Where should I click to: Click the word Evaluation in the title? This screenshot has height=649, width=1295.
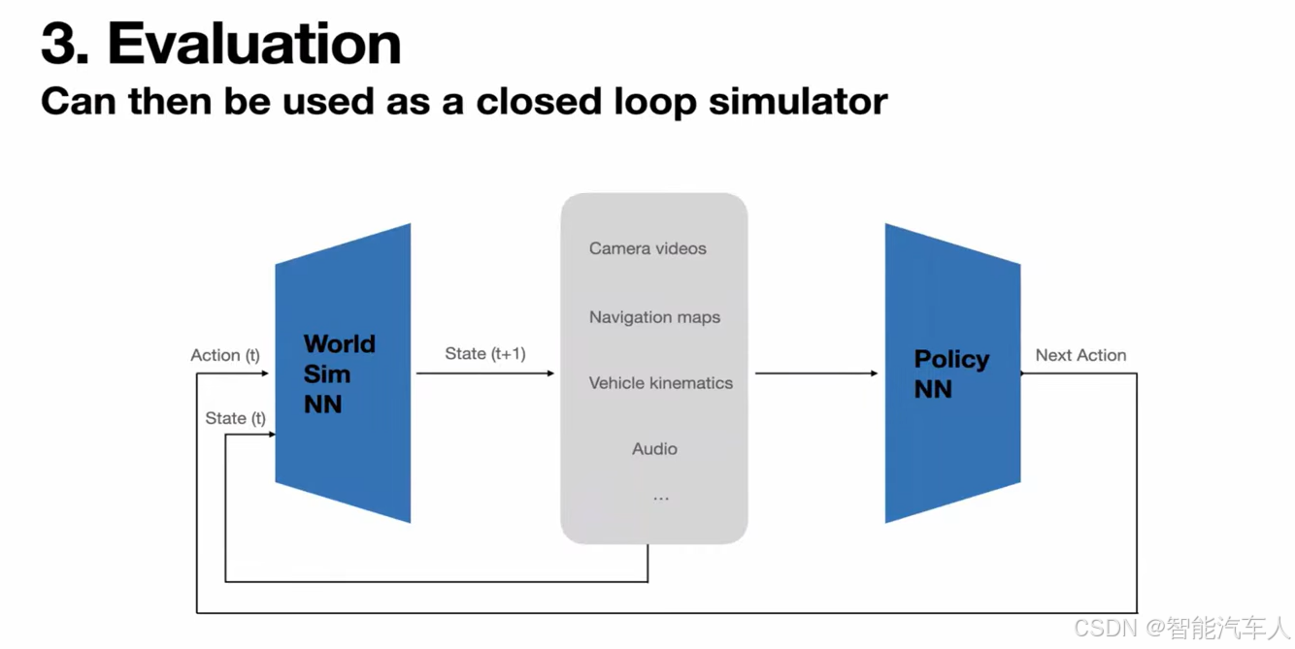254,44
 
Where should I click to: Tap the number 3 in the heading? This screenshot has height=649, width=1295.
62,44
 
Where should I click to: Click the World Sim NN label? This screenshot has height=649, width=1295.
339,373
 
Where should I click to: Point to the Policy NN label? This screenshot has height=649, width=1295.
950,373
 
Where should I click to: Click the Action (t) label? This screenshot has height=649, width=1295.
225,355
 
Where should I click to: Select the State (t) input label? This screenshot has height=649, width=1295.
235,418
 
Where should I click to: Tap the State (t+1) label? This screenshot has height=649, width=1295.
485,354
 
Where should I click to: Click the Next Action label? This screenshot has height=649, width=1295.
1080,355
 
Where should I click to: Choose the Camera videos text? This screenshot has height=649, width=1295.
647,248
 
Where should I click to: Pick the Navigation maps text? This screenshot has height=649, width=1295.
654,317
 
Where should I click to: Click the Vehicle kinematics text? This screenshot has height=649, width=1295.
660,383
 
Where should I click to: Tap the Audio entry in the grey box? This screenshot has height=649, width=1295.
654,449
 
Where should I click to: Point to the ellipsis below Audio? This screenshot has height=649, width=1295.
661,499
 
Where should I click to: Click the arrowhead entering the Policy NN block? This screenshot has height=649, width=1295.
874,373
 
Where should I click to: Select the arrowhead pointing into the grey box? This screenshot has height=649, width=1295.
550,373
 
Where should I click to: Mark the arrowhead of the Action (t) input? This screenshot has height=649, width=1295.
265,373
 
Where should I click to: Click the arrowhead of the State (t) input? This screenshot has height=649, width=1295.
272,435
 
